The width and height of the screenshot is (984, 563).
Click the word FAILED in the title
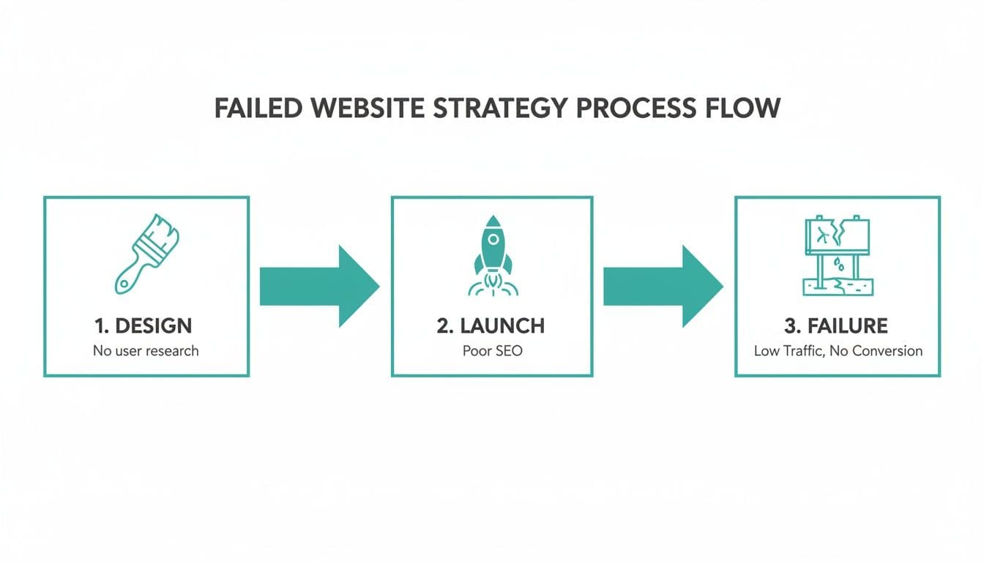[x=257, y=108]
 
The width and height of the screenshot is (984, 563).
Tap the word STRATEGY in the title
[x=499, y=108]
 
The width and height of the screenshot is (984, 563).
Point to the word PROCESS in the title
[x=635, y=108]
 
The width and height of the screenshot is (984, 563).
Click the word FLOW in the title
[x=745, y=108]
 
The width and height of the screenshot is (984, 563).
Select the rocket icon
[x=492, y=257]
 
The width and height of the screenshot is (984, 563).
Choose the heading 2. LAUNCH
[x=491, y=325]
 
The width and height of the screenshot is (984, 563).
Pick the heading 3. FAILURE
[x=836, y=325]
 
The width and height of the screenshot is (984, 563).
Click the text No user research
[x=146, y=350]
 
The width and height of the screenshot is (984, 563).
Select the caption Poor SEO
[x=492, y=350]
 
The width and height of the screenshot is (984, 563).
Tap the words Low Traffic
[x=786, y=350]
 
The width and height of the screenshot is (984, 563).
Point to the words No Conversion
[x=877, y=350]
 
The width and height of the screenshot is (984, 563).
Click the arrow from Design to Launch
[x=319, y=287]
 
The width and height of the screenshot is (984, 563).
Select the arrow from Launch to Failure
[x=663, y=287]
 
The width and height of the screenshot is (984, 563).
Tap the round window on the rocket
[x=493, y=239]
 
